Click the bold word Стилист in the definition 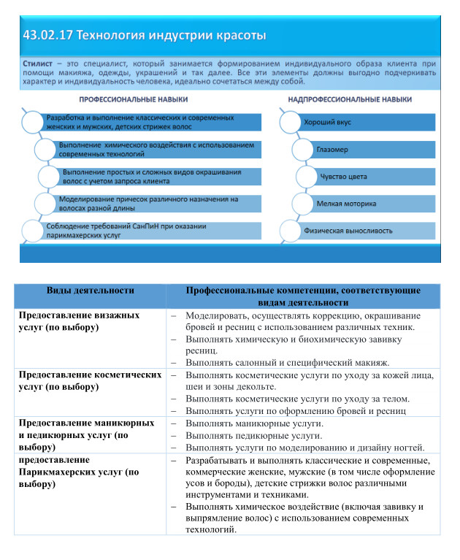point(36,64)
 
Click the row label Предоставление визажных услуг point(79,321)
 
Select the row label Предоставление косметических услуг point(89,380)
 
